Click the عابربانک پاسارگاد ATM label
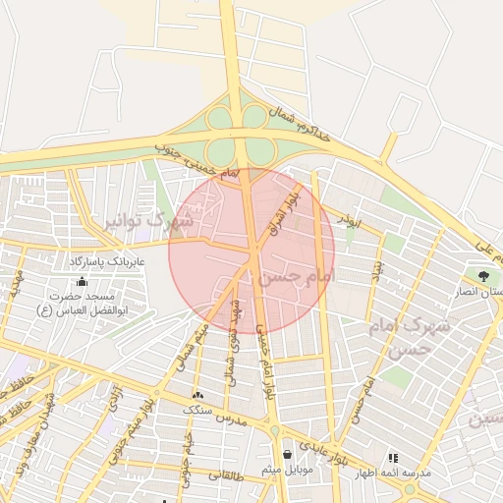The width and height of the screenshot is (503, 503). [x=107, y=263]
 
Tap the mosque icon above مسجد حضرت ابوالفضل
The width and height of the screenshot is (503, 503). [x=68, y=282]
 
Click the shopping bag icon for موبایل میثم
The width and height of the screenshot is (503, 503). [x=286, y=455]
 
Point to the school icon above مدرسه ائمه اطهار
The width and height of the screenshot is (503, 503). [x=393, y=458]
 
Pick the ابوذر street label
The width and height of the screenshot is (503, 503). [x=349, y=221]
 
